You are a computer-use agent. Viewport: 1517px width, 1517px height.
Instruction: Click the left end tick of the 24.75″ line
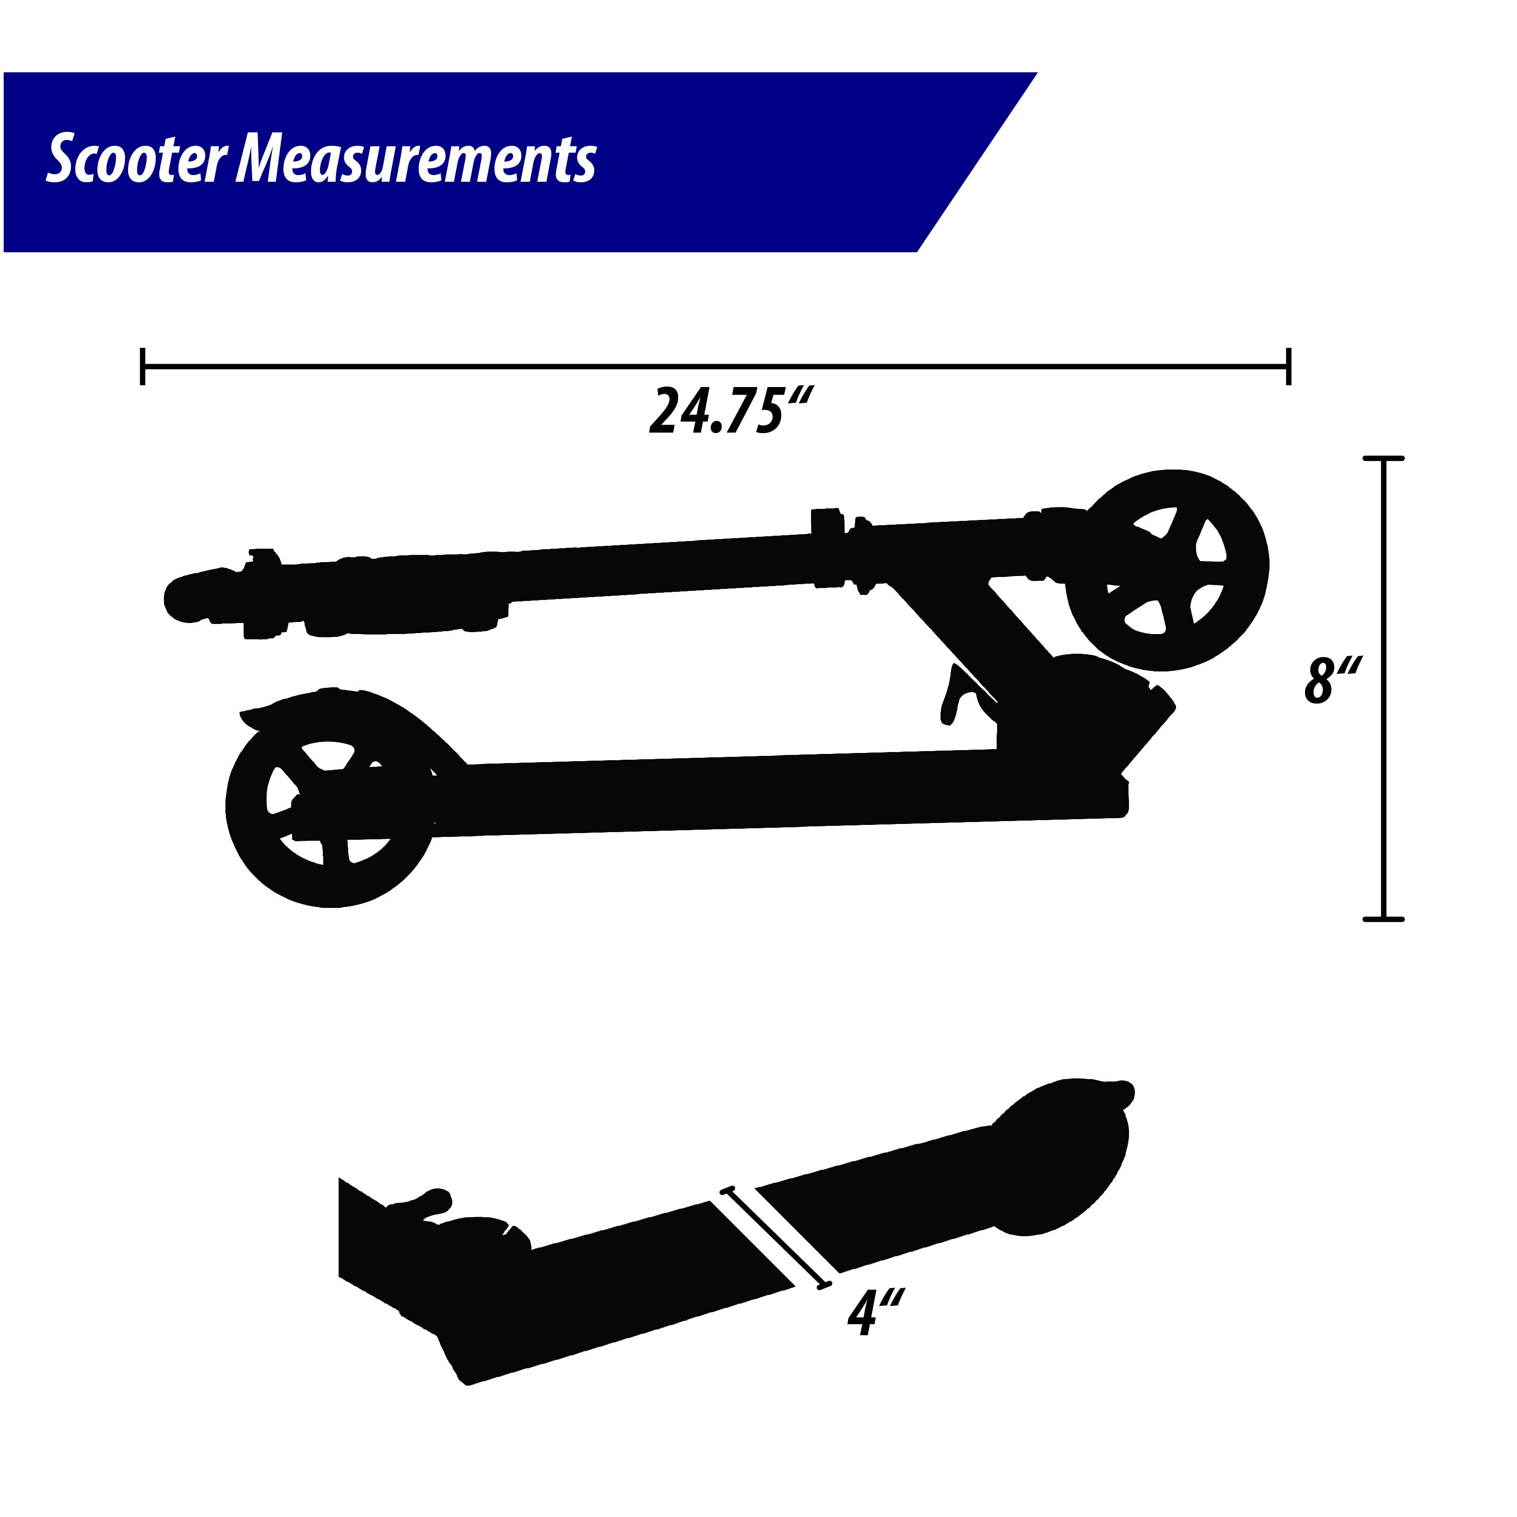click(x=142, y=366)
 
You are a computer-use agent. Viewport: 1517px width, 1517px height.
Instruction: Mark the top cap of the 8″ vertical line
click(x=1383, y=459)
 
